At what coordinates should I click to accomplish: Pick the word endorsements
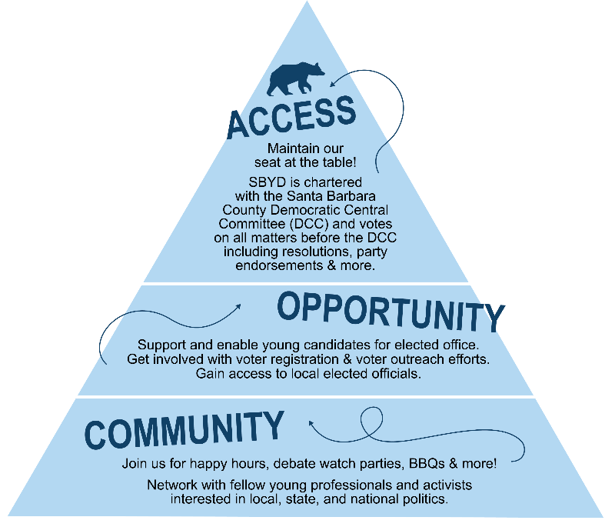click(283, 265)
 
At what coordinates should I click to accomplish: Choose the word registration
click(295, 359)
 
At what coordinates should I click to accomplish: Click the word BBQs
click(425, 464)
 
